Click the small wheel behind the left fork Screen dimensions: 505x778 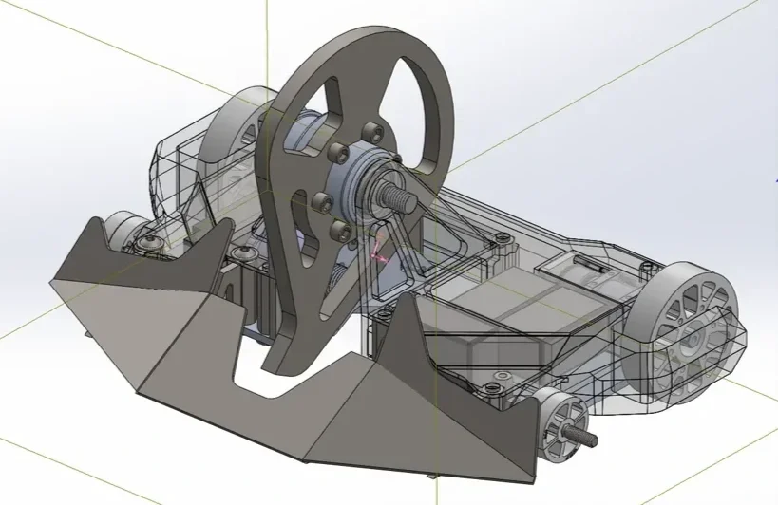click(122, 232)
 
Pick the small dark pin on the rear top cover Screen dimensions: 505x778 click(603, 270)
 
